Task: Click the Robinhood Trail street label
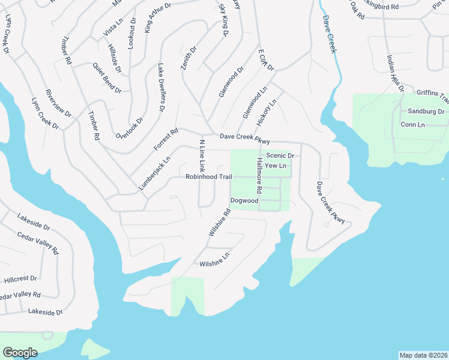coord(208,177)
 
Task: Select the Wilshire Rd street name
coord(219,222)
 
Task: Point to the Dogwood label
coord(244,200)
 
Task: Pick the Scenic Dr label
coord(280,155)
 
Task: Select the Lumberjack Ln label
coord(155,174)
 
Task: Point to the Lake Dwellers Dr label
coord(161,88)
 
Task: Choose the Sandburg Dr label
coord(426,112)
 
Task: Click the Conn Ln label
coord(412,125)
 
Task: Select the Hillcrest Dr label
coord(20,279)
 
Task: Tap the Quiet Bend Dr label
coord(107,79)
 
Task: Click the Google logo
coord(20,352)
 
